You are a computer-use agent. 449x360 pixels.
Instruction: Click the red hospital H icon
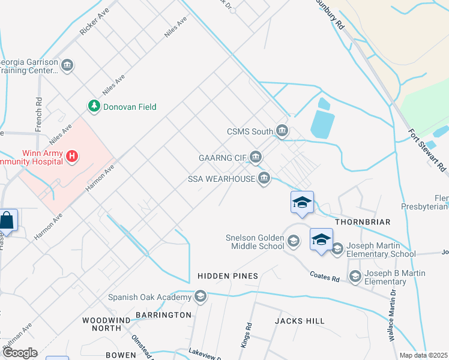tap(72, 157)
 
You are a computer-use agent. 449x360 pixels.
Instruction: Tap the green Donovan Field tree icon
tap(94, 107)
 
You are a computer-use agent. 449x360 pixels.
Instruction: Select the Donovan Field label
tap(130, 107)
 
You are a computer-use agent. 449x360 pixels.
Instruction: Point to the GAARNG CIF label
tap(223, 158)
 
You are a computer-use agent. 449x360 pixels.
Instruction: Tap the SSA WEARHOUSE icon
tap(264, 178)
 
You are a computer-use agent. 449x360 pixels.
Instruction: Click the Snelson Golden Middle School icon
tap(293, 242)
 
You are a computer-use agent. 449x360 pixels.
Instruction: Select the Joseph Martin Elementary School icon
tap(337, 248)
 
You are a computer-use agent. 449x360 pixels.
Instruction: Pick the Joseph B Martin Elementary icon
tap(355, 276)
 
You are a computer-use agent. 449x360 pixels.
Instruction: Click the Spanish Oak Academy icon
tap(200, 296)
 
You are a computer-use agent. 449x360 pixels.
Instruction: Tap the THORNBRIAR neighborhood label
tap(363, 222)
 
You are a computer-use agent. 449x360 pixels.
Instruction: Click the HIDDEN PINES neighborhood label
tap(228, 276)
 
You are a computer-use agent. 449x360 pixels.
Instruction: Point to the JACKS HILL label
tap(300, 321)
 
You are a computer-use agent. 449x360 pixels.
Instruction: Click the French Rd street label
tap(38, 115)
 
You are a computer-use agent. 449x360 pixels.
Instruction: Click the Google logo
tap(19, 353)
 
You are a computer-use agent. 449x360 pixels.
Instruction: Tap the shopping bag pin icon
tap(7, 221)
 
